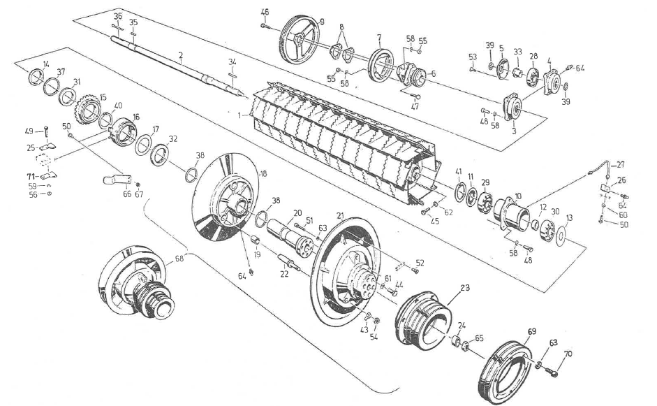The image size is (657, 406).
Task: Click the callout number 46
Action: click(265, 12)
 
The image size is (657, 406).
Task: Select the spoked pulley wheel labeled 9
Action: click(301, 41)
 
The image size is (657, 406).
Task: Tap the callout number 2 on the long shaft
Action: click(181, 55)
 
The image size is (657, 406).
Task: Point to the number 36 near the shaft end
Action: click(117, 16)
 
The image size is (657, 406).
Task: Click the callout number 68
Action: click(180, 259)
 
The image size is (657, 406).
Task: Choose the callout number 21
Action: click(340, 214)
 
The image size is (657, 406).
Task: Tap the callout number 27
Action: click(620, 164)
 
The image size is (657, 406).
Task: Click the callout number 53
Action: click(473, 57)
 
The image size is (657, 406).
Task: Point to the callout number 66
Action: click(126, 194)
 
